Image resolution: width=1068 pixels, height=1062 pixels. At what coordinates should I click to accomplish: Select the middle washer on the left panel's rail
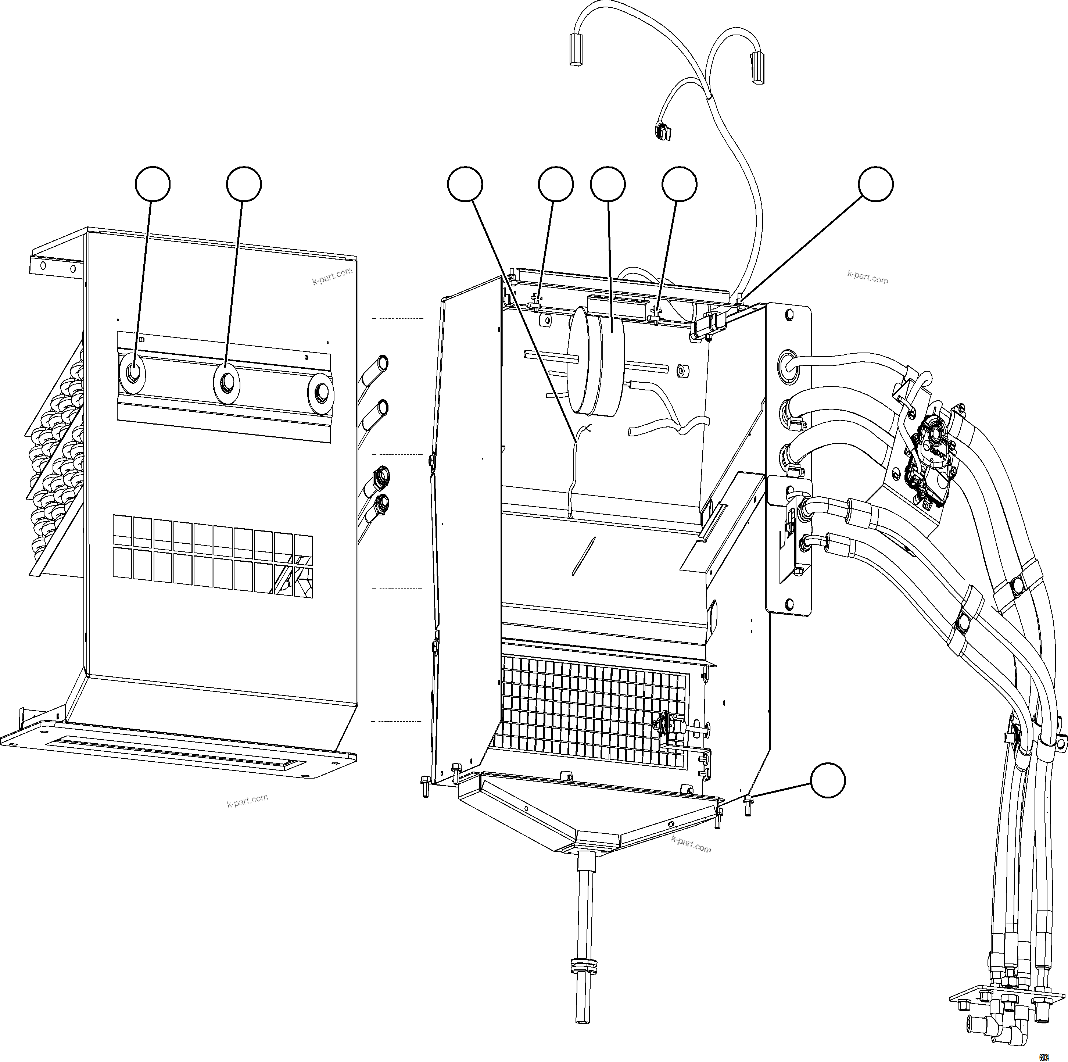pos(227,382)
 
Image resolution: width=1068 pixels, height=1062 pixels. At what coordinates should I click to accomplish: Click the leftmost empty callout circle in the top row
pos(153,185)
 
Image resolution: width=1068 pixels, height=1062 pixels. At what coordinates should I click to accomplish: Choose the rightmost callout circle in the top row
pos(875,185)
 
